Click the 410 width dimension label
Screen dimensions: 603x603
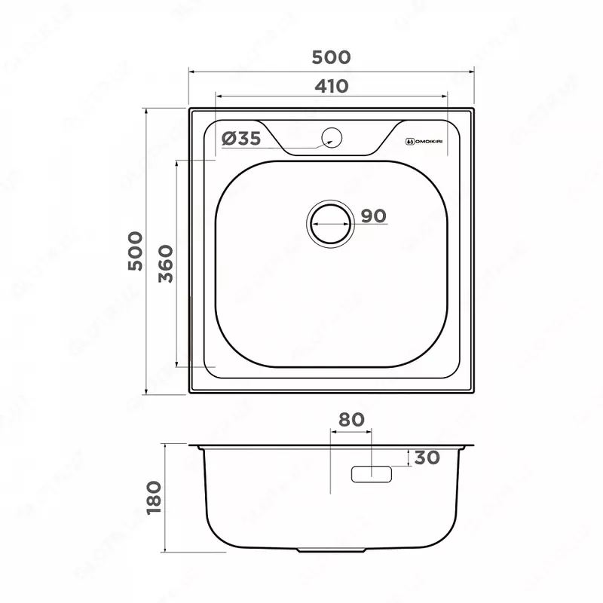pos(332,87)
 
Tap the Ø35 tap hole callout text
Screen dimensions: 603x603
pos(242,138)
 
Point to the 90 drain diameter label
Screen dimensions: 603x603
pos(372,216)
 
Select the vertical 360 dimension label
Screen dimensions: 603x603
pos(167,263)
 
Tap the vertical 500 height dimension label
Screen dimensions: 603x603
pos(135,252)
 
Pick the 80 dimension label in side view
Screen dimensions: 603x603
pos(351,420)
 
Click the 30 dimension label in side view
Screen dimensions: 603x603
pos(427,458)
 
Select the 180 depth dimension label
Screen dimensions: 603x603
pos(155,497)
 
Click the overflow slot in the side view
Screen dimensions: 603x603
pos(372,474)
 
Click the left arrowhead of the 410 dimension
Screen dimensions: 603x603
pos(218,96)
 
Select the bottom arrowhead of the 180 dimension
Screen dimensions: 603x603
pos(167,549)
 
